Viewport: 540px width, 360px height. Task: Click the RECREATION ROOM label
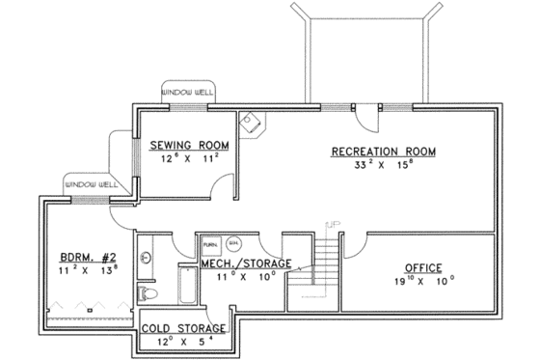pos(383,152)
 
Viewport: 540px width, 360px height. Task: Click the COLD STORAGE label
pos(184,328)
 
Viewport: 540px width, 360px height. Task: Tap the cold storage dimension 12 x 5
pos(184,343)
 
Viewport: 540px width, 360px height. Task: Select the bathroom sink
pos(146,258)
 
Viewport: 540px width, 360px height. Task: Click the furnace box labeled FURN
pos(209,245)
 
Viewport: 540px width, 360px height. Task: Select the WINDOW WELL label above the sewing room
pos(187,90)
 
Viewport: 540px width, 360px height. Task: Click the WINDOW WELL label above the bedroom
pos(90,183)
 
